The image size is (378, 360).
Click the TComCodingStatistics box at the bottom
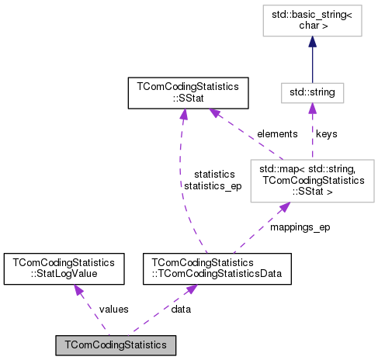pyautogui.click(x=116, y=343)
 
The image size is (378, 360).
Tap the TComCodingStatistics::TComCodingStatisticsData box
pyautogui.click(x=216, y=268)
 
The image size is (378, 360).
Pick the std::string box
pyautogui.click(x=312, y=93)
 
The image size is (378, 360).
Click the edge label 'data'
pyautogui.click(x=182, y=308)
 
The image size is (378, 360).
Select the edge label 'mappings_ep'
pyautogui.click(x=299, y=229)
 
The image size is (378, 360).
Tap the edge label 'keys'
pyautogui.click(x=327, y=133)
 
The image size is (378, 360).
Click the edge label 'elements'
pyautogui.click(x=277, y=133)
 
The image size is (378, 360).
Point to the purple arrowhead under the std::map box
pyautogui.click(x=283, y=206)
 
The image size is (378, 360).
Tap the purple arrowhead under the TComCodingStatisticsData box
pyautogui.click(x=191, y=288)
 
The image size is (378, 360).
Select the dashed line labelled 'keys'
pyautogui.click(x=312, y=140)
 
